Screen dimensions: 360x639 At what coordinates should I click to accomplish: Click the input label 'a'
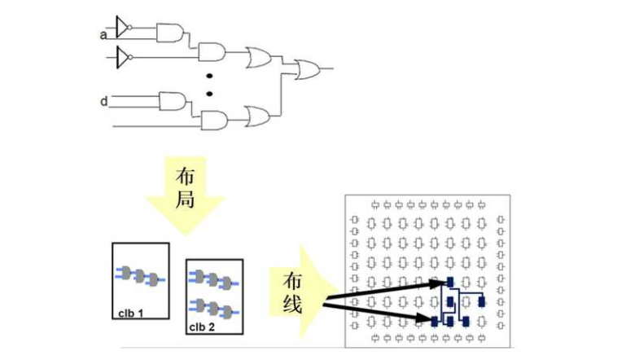pyautogui.click(x=103, y=34)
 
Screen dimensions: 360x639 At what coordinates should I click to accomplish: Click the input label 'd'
pyautogui.click(x=103, y=102)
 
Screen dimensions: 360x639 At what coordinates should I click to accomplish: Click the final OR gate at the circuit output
pyautogui.click(x=307, y=68)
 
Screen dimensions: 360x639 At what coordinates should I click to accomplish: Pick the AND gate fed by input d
pyautogui.click(x=173, y=101)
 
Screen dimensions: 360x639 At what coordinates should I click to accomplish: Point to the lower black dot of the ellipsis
pyautogui.click(x=209, y=93)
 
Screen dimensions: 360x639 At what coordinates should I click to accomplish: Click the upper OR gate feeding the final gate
pyautogui.click(x=260, y=57)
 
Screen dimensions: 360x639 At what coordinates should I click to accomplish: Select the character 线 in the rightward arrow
pyautogui.click(x=292, y=306)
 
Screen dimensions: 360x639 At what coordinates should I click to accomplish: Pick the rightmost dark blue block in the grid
pyautogui.click(x=482, y=301)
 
